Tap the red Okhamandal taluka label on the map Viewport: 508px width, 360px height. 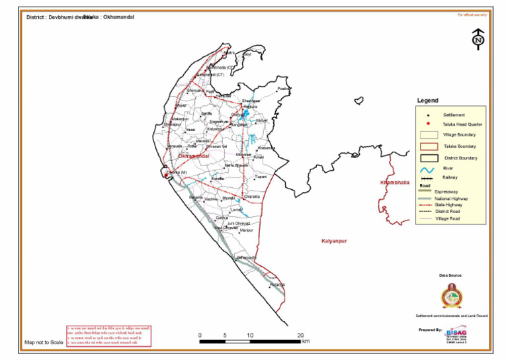(x=194, y=156)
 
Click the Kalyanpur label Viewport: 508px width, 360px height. (x=333, y=241)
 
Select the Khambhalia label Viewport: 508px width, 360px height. (x=395, y=182)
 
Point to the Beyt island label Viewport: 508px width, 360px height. (x=247, y=54)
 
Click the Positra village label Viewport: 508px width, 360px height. (x=284, y=89)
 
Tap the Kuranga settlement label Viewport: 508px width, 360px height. (x=276, y=284)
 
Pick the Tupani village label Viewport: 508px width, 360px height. (x=261, y=177)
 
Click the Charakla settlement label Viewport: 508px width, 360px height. (x=252, y=197)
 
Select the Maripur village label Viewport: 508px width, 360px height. (x=246, y=230)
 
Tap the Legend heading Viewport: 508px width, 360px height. (x=427, y=101)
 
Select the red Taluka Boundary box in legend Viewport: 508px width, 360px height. (x=428, y=146)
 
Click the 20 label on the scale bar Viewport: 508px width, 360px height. (x=300, y=335)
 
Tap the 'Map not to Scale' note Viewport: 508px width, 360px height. (x=44, y=342)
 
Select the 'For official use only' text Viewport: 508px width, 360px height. (x=472, y=14)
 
